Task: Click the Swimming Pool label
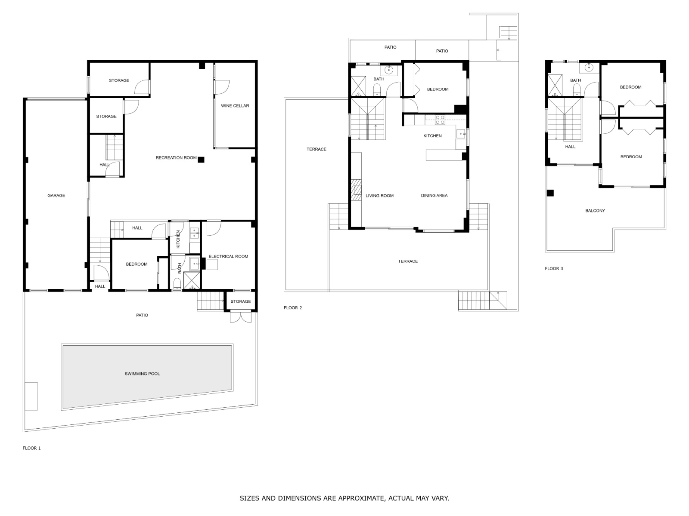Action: pos(142,373)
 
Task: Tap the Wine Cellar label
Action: pos(235,106)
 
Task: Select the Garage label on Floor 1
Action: pos(56,196)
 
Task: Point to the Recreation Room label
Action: pos(176,157)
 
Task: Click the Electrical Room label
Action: pos(228,256)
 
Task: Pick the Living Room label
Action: pos(379,196)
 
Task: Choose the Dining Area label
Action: pos(434,195)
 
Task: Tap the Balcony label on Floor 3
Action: pos(595,211)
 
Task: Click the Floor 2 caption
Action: pos(292,307)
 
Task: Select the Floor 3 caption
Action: pos(554,268)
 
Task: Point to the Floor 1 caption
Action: pos(32,448)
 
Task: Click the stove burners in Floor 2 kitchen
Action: pos(440,120)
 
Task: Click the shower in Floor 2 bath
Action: pos(358,86)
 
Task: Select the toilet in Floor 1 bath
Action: pos(177,283)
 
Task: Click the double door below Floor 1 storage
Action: pos(241,316)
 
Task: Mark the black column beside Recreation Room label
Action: pos(201,160)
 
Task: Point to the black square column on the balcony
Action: pos(550,193)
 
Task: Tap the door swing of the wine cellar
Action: pos(222,87)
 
